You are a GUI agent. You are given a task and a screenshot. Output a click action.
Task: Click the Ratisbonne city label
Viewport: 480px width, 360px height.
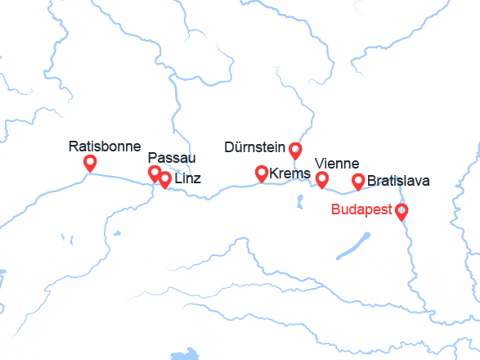pyautogui.click(x=105, y=147)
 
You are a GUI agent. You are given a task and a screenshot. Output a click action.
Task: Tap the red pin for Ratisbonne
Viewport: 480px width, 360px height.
pyautogui.click(x=90, y=164)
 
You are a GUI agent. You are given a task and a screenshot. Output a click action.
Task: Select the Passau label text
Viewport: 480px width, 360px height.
pyautogui.click(x=172, y=158)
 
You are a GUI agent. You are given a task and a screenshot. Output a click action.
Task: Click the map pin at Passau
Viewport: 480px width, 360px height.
pyautogui.click(x=154, y=173)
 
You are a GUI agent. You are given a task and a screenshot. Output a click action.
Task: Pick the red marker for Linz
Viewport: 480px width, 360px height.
pyautogui.click(x=165, y=179)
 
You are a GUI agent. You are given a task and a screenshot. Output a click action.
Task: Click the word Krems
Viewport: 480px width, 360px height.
pyautogui.click(x=289, y=173)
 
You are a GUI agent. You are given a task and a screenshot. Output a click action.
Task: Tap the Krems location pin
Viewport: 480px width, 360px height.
pyautogui.click(x=262, y=173)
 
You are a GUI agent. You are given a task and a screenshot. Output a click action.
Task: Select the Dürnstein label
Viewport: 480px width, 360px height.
pyautogui.click(x=253, y=148)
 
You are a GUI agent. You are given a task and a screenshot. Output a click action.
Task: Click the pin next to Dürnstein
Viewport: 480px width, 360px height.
pyautogui.click(x=296, y=150)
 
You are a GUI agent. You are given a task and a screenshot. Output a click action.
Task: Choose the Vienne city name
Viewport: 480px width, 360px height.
pyautogui.click(x=337, y=164)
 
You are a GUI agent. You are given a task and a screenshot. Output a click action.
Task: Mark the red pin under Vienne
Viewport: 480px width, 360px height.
pyautogui.click(x=322, y=179)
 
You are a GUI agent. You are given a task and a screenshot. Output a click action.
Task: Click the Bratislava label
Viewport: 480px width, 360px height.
pyautogui.click(x=398, y=181)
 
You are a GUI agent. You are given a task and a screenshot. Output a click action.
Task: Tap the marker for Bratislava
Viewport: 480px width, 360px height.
pyautogui.click(x=357, y=181)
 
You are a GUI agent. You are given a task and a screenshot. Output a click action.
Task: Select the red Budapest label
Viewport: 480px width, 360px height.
pyautogui.click(x=361, y=209)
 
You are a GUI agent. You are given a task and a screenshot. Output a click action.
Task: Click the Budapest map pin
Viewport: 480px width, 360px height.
pyautogui.click(x=401, y=211)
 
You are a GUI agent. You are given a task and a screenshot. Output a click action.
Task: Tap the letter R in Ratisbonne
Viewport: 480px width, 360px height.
pyautogui.click(x=74, y=147)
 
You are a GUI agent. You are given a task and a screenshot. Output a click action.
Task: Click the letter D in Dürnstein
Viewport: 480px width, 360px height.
pyautogui.click(x=228, y=148)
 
